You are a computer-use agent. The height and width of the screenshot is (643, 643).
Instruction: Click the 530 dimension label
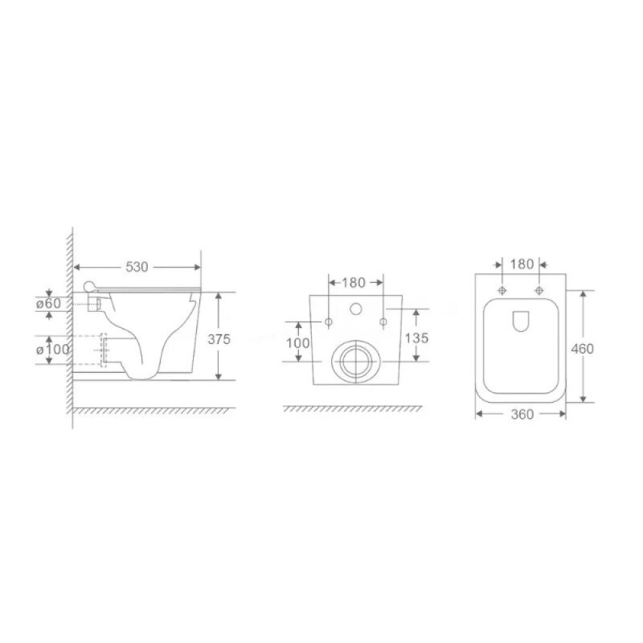pos(137,267)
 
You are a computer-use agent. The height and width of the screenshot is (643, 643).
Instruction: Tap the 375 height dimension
pos(219,339)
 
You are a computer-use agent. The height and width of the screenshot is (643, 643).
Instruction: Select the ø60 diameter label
pos(48,304)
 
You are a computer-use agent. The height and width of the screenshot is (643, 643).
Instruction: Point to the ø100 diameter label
pos(53,350)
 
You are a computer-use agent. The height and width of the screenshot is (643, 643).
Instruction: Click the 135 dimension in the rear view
pos(416,338)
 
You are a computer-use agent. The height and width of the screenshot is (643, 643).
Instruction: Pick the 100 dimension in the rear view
pos(297,342)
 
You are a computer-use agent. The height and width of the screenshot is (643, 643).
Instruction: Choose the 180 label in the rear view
pos(353,283)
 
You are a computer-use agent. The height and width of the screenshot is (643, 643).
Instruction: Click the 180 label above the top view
pos(522,264)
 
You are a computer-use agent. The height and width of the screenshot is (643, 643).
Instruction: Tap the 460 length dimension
pos(582,349)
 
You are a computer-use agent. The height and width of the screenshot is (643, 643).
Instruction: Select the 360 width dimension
pos(522,415)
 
